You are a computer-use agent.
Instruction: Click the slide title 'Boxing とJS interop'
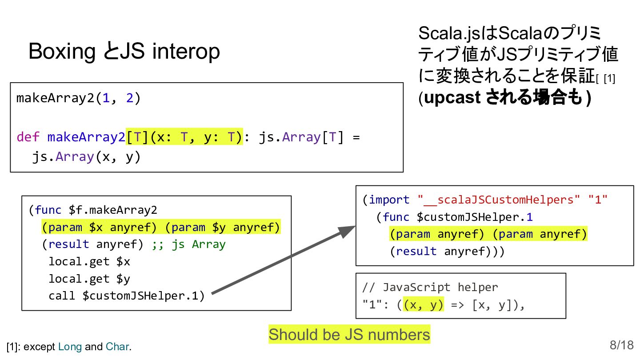tap(124, 52)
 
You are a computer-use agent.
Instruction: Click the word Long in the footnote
tap(70, 347)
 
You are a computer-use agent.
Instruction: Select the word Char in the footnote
tap(117, 347)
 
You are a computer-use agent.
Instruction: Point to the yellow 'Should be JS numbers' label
tap(349, 335)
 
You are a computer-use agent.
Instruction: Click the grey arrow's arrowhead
tap(347, 232)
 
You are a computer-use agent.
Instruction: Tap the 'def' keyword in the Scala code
tap(28, 137)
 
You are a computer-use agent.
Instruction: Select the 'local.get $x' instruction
tap(89, 261)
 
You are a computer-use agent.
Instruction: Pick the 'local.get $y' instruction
tap(89, 279)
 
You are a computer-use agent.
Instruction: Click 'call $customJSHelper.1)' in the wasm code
tap(126, 296)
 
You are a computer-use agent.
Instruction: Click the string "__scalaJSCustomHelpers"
tap(499, 200)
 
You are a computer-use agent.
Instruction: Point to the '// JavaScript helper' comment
tap(430, 287)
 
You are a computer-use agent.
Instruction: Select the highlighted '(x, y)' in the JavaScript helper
tap(423, 305)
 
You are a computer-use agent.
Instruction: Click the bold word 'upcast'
tap(452, 98)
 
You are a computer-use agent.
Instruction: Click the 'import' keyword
tap(389, 200)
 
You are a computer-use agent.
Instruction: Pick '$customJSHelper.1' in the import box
tap(474, 217)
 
